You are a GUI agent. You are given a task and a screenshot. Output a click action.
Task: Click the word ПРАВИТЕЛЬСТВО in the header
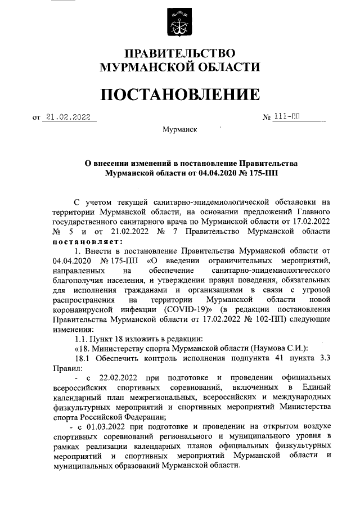coord(179,54)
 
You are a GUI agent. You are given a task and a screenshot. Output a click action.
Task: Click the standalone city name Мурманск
coord(179,129)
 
